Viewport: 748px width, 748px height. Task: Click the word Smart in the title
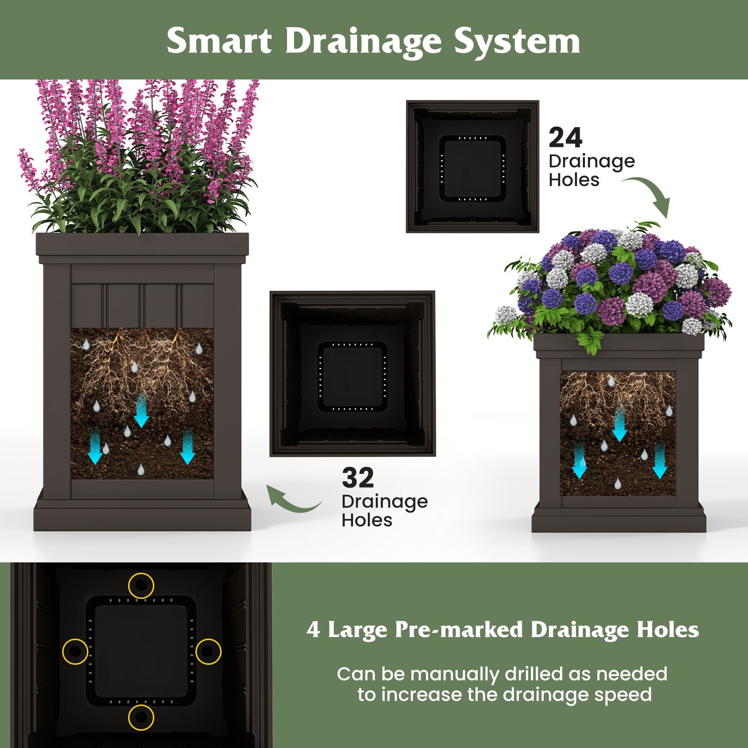click(219, 41)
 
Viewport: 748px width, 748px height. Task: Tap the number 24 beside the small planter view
click(565, 138)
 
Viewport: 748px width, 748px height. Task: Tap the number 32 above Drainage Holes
click(358, 478)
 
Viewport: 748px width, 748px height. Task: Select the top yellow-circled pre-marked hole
click(141, 585)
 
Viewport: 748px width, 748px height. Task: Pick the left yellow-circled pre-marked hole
click(75, 651)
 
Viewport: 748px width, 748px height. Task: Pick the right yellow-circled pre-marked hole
click(208, 651)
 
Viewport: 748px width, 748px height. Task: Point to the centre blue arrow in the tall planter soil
click(141, 410)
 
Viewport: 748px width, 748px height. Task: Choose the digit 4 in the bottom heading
click(313, 630)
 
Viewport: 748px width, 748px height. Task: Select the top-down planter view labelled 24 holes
click(473, 166)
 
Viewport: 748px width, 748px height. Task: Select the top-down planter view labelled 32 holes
click(352, 374)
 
